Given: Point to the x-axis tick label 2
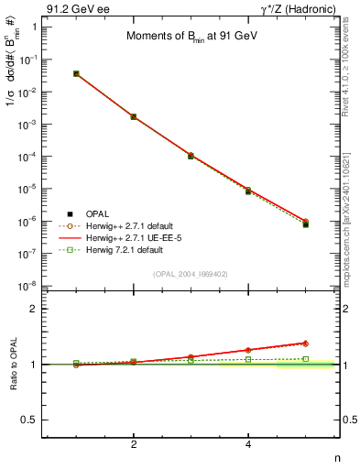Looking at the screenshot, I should [x=134, y=445].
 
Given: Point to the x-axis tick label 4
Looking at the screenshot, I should [x=248, y=445].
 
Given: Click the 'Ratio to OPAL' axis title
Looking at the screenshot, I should [x=12, y=364].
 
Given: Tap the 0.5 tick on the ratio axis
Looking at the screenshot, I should [x=38, y=420].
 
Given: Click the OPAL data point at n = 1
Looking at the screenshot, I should [x=76, y=73].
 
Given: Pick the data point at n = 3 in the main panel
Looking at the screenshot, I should [x=191, y=156].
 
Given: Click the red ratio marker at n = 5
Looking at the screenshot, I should [x=305, y=344].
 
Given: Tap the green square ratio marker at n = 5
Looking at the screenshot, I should [x=305, y=358].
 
